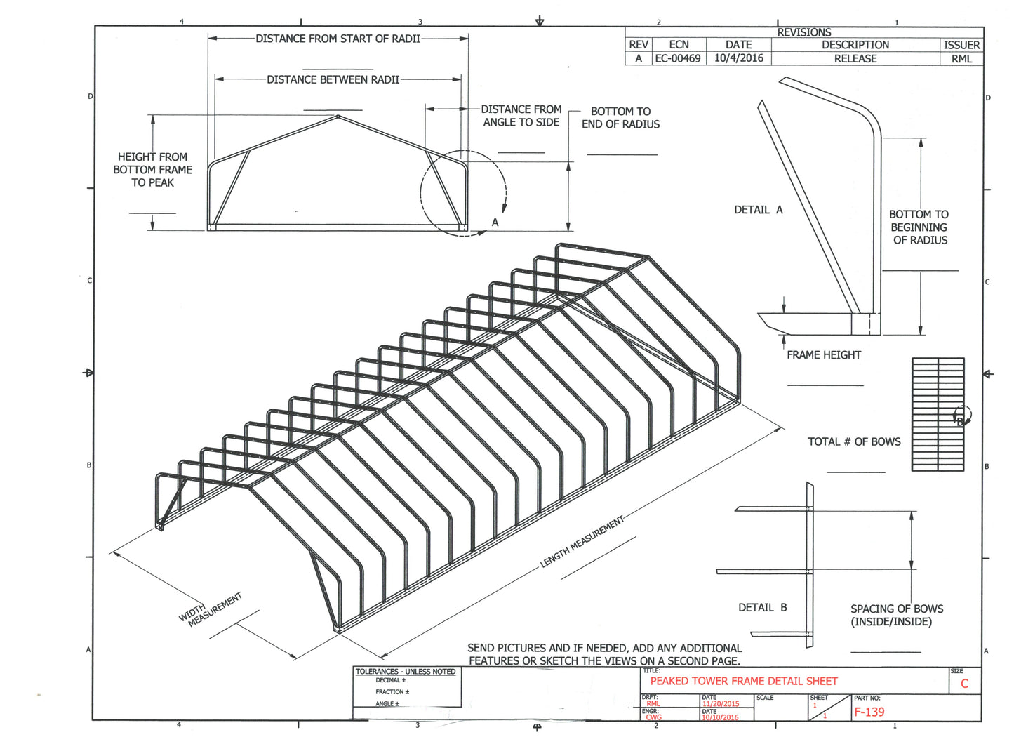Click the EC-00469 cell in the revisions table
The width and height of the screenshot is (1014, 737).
[x=677, y=59]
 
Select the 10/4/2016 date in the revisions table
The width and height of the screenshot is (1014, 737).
[x=738, y=59]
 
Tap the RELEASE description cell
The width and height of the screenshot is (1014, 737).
[x=855, y=59]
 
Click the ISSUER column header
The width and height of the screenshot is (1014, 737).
[x=961, y=45]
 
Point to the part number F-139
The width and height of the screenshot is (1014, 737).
[x=869, y=712]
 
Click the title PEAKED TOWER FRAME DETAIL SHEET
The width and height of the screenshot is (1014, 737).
[x=743, y=681]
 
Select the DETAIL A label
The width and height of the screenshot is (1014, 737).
[x=758, y=210]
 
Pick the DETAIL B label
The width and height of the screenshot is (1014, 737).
[x=762, y=608]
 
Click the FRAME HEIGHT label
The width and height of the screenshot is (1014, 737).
[x=823, y=355]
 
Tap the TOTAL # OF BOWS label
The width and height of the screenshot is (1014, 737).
[x=854, y=441]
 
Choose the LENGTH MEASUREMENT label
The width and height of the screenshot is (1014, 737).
[x=582, y=542]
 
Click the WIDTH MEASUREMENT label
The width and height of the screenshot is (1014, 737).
[x=211, y=609]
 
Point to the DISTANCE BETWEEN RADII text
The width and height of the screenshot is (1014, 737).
[x=333, y=80]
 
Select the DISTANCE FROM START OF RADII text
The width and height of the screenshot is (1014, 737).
[x=338, y=39]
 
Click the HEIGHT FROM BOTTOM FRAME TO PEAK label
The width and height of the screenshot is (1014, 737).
[x=152, y=170]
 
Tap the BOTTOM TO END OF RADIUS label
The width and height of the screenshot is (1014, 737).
[x=620, y=118]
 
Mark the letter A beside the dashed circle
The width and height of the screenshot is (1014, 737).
[x=495, y=223]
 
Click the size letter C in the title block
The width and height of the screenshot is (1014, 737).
[x=964, y=684]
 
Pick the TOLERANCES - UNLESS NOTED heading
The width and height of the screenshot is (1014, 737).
[x=405, y=672]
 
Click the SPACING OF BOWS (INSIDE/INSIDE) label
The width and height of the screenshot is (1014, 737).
[x=896, y=616]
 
